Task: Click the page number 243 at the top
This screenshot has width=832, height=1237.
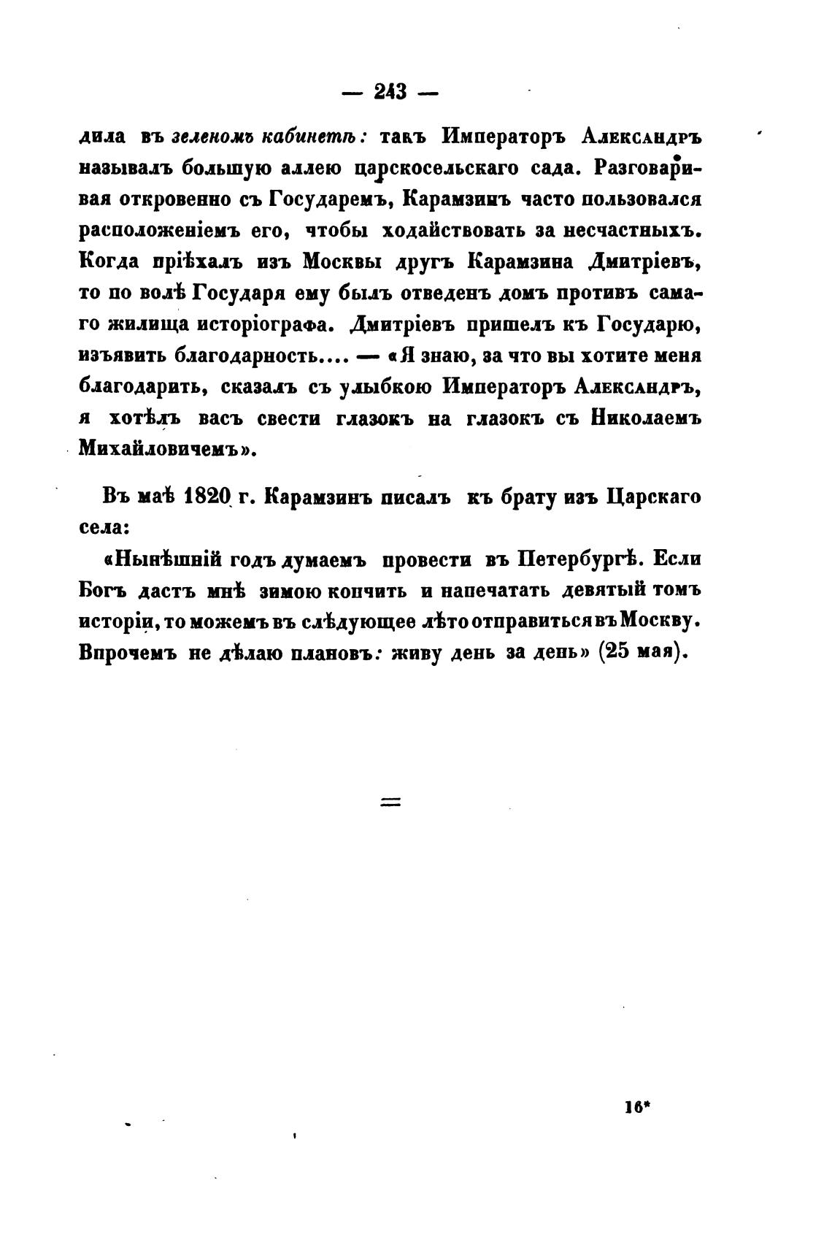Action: click(390, 93)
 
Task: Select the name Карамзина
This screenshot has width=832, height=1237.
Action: click(515, 261)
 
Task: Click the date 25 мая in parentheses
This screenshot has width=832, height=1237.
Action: click(639, 652)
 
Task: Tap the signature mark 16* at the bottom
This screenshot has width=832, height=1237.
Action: click(636, 1106)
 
